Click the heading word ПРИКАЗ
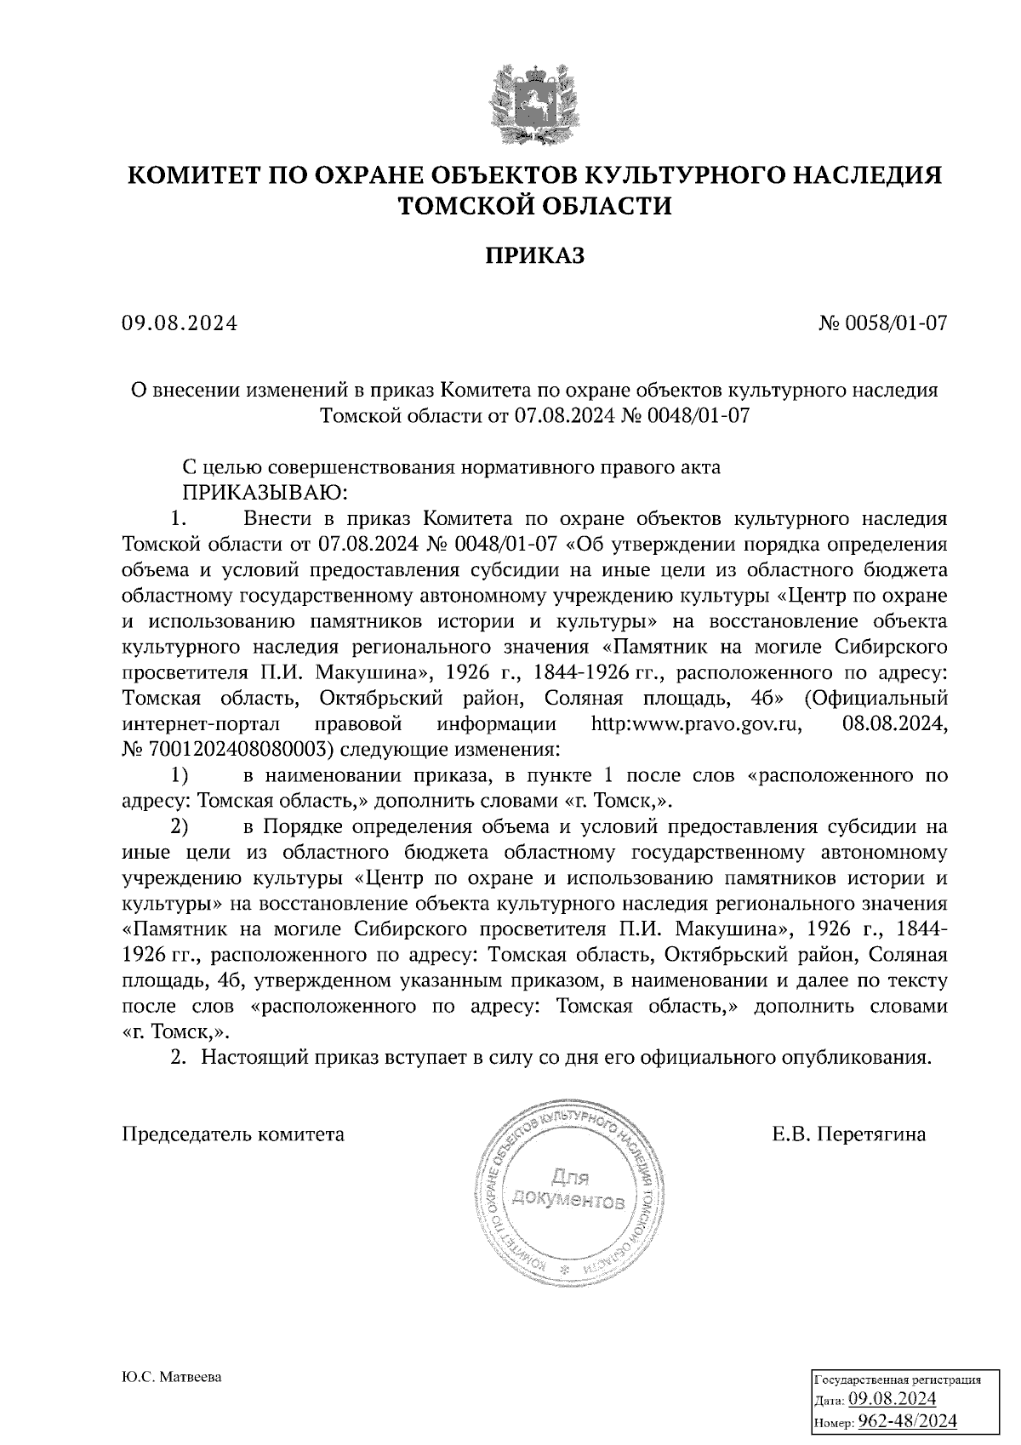[535, 256]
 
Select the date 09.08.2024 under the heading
[180, 323]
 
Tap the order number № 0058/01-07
[882, 323]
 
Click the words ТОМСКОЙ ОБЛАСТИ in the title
[535, 206]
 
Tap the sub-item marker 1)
[179, 775]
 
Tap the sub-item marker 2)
[179, 826]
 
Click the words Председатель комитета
[233, 1134]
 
